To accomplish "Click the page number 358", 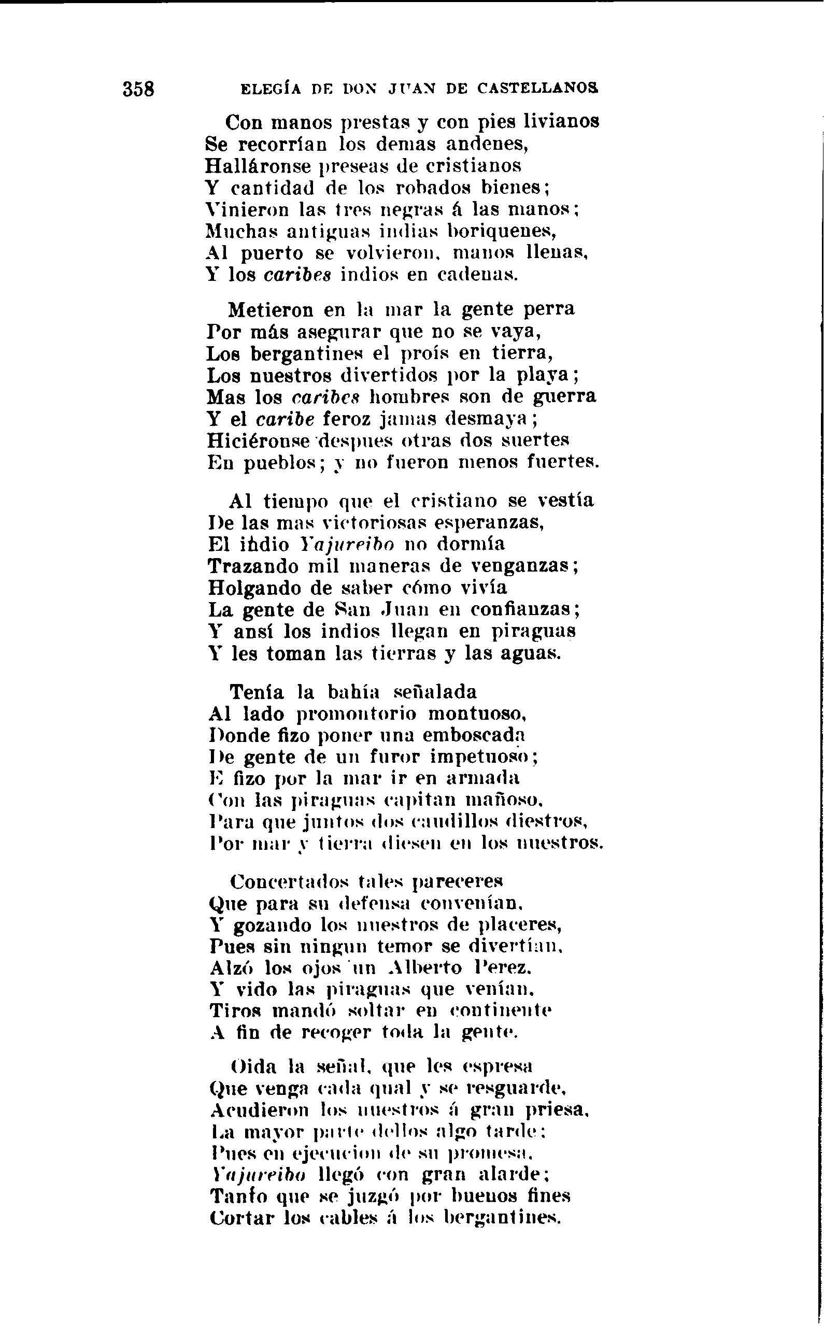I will click(x=138, y=88).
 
